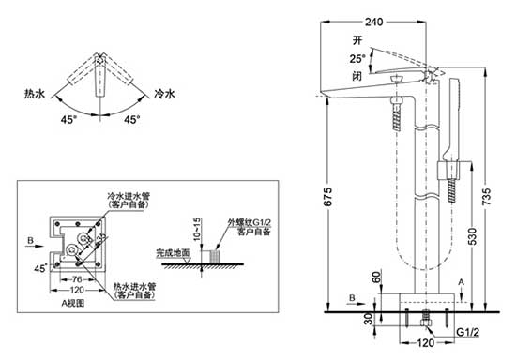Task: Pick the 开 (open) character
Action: tap(357, 40)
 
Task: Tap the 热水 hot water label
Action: tap(36, 95)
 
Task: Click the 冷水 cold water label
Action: tap(165, 95)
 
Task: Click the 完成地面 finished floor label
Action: tap(173, 253)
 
